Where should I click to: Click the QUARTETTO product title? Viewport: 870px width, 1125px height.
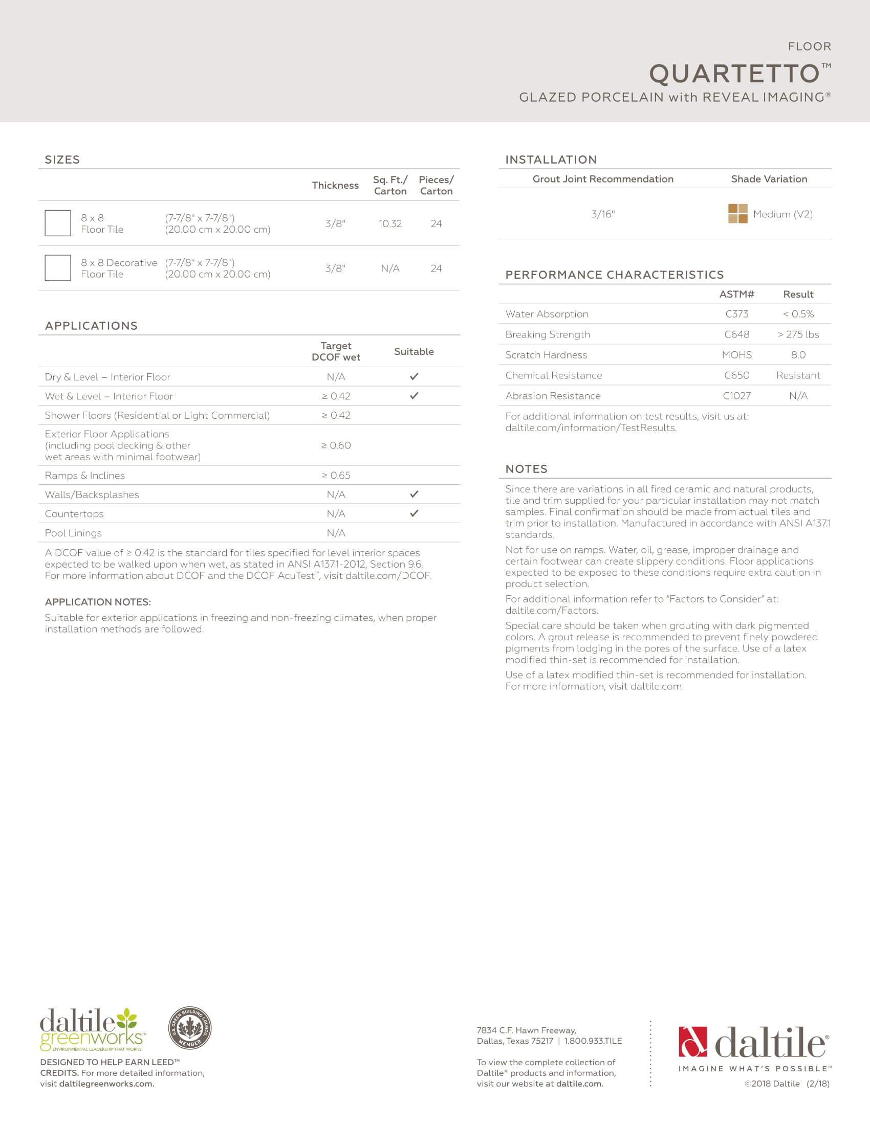click(x=734, y=74)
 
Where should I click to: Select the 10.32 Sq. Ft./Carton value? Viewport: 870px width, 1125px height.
click(x=390, y=223)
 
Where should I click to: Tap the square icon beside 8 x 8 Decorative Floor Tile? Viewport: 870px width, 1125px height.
click(x=58, y=268)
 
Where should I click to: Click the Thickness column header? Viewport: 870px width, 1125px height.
click(x=335, y=186)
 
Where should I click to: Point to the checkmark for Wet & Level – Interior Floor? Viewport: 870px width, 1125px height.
click(x=414, y=396)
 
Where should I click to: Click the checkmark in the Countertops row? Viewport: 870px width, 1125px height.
click(x=414, y=513)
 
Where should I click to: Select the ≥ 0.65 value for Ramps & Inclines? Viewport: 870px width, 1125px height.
click(x=336, y=476)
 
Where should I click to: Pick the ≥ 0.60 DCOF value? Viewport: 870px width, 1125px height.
click(x=336, y=445)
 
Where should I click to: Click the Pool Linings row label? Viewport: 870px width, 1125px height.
click(x=73, y=533)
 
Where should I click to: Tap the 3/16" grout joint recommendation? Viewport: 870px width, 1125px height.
click(x=603, y=214)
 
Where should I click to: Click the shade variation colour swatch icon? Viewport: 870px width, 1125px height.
click(x=737, y=214)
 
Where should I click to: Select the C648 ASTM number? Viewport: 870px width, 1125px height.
click(x=736, y=334)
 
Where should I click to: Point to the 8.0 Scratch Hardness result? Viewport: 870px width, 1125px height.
click(x=798, y=355)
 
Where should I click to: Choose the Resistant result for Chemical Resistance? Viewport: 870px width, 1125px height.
click(x=798, y=375)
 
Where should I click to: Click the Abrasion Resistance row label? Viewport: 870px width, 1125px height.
click(x=553, y=396)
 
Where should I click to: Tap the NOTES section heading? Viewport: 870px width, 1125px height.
click(x=526, y=469)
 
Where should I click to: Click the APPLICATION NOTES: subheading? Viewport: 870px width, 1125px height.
click(x=98, y=602)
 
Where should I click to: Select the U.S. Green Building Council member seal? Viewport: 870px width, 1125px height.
click(x=190, y=1028)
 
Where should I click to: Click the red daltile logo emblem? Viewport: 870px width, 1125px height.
click(x=693, y=1042)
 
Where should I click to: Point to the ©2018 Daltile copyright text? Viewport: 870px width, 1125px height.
click(x=772, y=1084)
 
